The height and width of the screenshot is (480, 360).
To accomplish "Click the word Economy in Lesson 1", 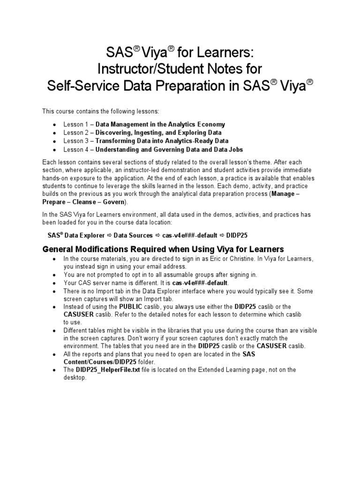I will [210, 124].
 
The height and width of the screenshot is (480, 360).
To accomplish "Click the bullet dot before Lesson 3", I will [55, 141].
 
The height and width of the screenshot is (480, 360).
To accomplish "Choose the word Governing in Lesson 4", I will [165, 149].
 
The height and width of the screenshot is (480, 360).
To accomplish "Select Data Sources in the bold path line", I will [133, 235].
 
